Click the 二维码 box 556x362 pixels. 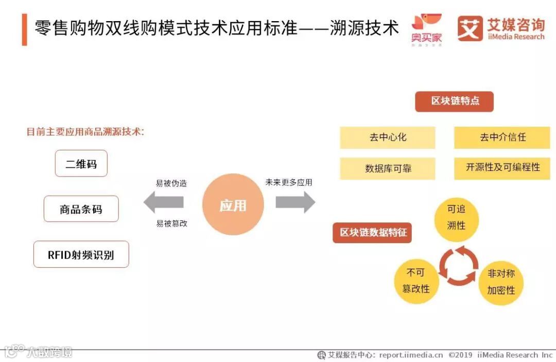(x=81, y=164)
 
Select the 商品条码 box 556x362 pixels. (x=81, y=209)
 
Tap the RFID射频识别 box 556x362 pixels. (x=81, y=254)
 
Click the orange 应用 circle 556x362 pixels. (x=233, y=205)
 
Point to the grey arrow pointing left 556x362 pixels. (x=163, y=202)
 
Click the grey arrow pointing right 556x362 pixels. (x=295, y=202)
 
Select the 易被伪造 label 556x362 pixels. (x=171, y=183)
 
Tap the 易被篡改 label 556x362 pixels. (x=171, y=223)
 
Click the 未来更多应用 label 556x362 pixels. (x=288, y=182)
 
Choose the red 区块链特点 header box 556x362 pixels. (x=454, y=101)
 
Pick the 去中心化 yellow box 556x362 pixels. (x=388, y=137)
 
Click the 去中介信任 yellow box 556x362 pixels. (x=502, y=137)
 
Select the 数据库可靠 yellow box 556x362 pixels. (x=388, y=168)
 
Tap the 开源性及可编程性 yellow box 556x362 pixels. (x=502, y=168)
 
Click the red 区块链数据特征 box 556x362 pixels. (x=372, y=232)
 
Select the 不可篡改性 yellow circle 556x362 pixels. (x=415, y=281)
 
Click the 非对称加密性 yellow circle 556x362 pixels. (x=500, y=282)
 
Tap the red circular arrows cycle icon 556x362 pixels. (x=458, y=265)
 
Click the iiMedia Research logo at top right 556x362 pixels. (x=500, y=29)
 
